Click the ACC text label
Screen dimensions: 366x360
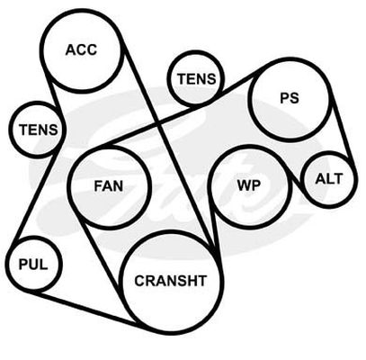pos(81,49)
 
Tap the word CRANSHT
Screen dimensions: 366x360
pos(171,281)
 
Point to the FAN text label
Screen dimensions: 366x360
pos(109,186)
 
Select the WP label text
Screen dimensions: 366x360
pos(249,185)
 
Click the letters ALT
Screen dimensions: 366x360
pos(329,179)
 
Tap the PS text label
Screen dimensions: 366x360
pos(290,98)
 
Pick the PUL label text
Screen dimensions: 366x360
pos(33,265)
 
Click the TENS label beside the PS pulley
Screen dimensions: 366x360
pos(196,79)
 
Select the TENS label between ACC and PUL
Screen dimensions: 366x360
pos(39,130)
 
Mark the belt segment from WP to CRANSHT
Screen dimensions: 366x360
pos(214,227)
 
